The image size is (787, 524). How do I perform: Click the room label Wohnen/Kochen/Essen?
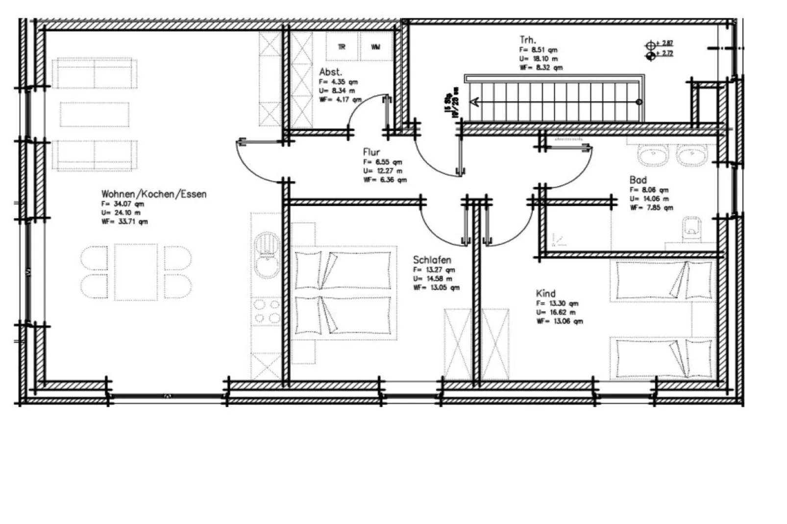coord(153,194)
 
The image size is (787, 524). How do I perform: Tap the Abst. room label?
coord(330,72)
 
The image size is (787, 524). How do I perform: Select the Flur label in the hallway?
coord(371,152)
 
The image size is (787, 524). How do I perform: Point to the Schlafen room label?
coord(432,260)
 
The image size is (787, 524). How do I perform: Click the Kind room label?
coord(545,293)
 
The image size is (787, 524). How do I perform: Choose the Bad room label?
coord(638,180)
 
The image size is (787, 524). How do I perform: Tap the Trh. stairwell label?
coord(528,40)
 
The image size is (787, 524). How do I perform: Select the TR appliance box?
coord(342,47)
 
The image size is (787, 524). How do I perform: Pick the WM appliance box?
coord(375,47)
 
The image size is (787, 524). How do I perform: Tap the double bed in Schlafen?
coord(344,293)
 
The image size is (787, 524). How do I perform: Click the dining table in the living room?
coord(136,272)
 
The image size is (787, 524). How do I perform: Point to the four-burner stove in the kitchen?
coord(267,311)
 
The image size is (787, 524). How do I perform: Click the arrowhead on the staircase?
coord(474,102)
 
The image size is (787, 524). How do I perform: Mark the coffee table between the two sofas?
coord(95,114)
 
